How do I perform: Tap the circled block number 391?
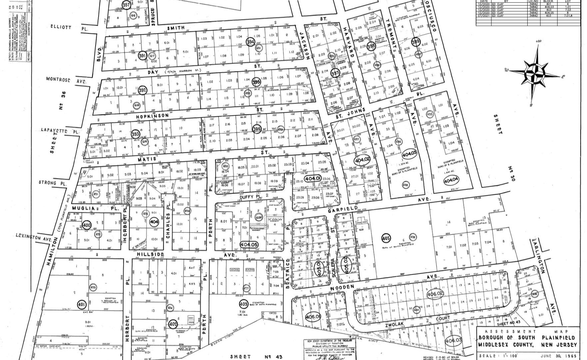143,56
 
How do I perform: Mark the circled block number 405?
386,238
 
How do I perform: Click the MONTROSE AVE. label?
67,80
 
